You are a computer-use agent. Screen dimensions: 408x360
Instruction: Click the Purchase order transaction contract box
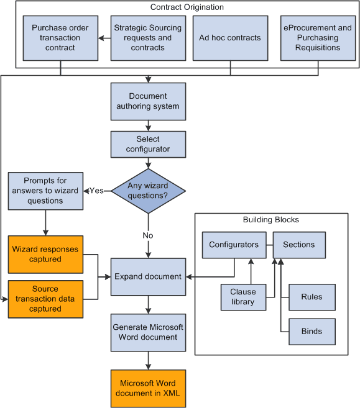(x=60, y=38)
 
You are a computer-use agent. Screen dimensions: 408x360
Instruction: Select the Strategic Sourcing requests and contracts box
(x=148, y=38)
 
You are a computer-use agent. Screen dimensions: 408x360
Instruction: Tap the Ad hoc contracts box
(x=230, y=38)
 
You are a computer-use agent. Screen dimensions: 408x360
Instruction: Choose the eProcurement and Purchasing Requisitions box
(x=318, y=38)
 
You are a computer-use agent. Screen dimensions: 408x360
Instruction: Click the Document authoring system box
(x=148, y=101)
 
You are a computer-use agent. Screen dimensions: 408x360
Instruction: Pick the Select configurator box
(x=148, y=144)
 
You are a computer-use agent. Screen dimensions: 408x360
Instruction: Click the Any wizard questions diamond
(x=148, y=191)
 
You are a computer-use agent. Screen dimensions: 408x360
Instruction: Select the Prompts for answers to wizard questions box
(x=45, y=191)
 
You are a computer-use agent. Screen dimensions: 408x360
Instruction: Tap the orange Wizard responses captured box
(x=45, y=254)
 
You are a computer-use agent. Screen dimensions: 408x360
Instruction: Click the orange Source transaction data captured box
(x=45, y=299)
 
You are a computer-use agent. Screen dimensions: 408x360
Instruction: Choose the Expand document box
(x=148, y=276)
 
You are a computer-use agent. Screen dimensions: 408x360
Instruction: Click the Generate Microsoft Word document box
(x=148, y=332)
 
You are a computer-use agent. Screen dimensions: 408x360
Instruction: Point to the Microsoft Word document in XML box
(x=148, y=388)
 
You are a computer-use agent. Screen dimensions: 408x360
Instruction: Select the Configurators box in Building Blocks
(x=234, y=245)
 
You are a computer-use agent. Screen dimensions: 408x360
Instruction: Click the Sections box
(x=299, y=245)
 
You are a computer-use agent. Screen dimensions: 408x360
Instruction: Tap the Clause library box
(x=242, y=297)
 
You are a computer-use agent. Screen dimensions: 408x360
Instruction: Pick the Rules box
(x=312, y=297)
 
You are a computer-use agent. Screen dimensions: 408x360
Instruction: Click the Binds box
(x=312, y=332)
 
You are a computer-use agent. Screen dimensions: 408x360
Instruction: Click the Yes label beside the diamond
(x=96, y=191)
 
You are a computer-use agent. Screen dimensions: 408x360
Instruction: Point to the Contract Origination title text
(x=187, y=7)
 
